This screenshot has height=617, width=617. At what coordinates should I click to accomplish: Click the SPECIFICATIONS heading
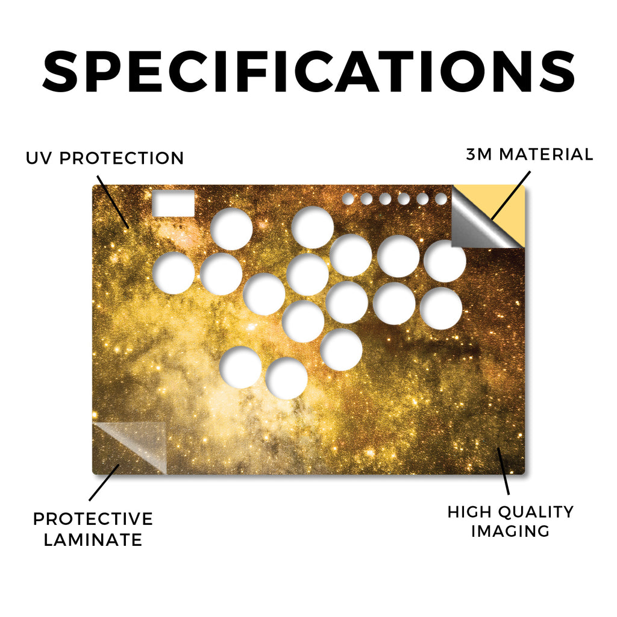[308, 72]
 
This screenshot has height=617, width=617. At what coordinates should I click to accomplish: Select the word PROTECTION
[122, 158]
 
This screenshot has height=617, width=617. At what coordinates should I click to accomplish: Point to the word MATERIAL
[546, 154]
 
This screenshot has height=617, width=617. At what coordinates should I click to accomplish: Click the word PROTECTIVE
[93, 519]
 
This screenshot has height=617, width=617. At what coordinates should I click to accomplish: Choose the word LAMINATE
[93, 540]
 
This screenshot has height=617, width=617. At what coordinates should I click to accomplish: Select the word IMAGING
[510, 531]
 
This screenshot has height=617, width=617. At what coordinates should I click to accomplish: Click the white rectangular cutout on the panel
[174, 203]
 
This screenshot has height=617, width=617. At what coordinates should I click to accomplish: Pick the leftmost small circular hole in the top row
[348, 199]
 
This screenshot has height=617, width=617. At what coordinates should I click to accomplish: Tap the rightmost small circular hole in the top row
[441, 199]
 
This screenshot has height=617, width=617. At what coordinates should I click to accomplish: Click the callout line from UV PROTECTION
[113, 202]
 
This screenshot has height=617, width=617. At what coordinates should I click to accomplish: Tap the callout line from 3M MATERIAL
[510, 196]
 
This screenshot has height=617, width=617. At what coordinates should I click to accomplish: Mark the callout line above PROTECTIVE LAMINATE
[104, 483]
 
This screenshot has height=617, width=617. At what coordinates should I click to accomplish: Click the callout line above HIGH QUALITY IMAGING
[503, 471]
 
